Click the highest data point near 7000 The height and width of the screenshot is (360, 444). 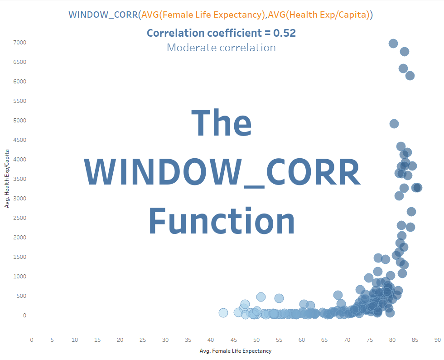pos(393,44)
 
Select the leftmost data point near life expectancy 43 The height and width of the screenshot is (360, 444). pos(223,313)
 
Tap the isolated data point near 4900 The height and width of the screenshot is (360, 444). pos(394,124)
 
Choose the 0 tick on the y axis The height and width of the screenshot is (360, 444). pos(25,316)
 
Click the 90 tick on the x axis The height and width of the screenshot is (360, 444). pos(437,340)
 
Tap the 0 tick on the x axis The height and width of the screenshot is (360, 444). pos(31,340)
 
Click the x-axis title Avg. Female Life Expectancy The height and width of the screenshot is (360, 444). pos(235,351)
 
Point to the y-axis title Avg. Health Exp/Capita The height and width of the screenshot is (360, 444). pos(7,179)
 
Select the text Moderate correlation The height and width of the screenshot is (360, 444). pos(221,48)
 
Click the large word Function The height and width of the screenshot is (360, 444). pos(222,221)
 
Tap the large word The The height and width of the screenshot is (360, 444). pos(222,123)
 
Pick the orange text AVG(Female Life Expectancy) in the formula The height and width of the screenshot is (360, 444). pos(203,15)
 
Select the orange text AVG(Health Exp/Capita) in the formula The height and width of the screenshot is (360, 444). pos(318,15)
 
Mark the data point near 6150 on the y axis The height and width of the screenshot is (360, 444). pos(410,76)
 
